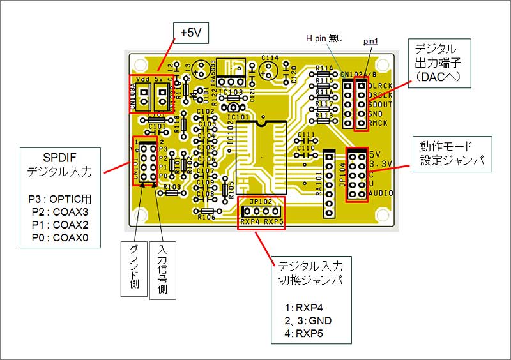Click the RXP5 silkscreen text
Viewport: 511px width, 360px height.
pos(273,222)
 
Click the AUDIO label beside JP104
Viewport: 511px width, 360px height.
pos(381,193)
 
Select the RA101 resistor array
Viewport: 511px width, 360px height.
pos(329,183)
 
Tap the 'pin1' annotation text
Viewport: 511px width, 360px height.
pos(370,41)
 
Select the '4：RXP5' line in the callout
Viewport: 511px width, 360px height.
pos(305,332)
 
